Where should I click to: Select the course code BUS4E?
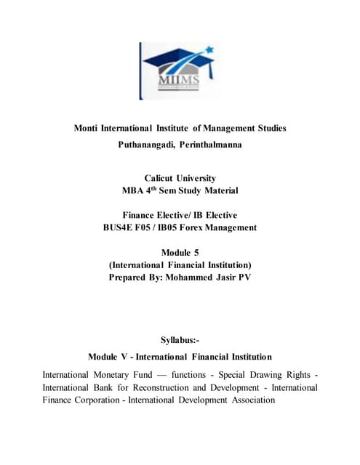point(120,227)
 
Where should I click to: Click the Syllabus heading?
point(180,339)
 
